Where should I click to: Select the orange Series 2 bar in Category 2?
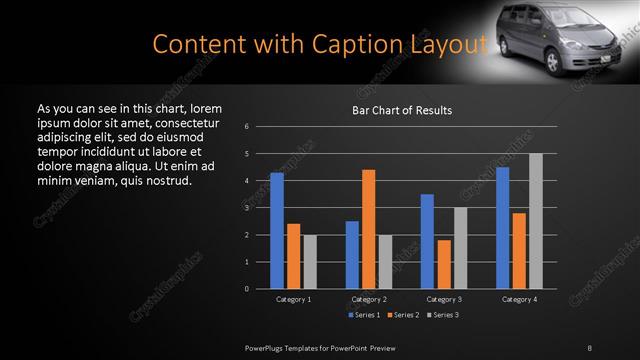(x=369, y=229)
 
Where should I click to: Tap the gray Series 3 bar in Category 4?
(x=535, y=221)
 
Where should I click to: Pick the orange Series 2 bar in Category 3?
(x=444, y=264)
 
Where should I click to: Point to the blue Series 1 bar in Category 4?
(x=502, y=227)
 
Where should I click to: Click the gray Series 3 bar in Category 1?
(x=310, y=261)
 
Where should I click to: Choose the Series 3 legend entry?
(x=443, y=315)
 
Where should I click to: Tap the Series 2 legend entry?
(x=404, y=315)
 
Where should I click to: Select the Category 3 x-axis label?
(x=444, y=299)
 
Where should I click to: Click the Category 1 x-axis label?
(x=293, y=299)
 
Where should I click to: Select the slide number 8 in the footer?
(x=590, y=346)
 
